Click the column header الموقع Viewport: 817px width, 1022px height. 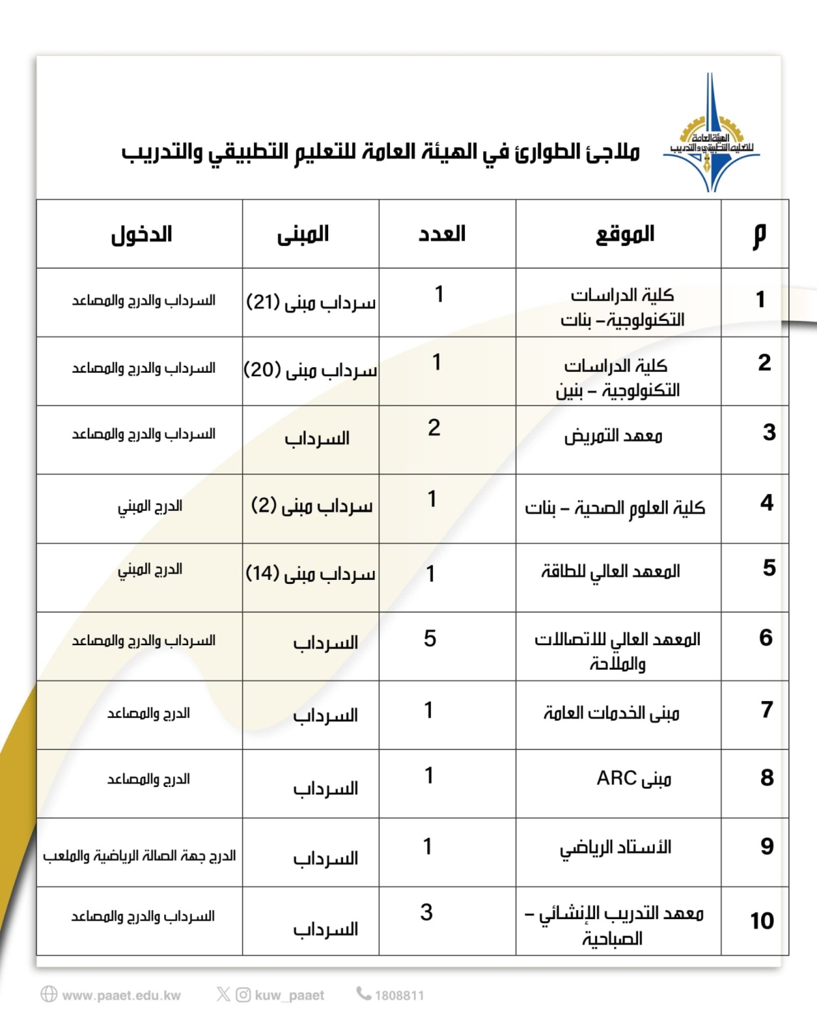625,234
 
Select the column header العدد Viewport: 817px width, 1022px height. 442,234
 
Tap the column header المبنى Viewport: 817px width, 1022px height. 303,234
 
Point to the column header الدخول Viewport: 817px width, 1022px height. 142,234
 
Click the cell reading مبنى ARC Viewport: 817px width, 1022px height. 634,778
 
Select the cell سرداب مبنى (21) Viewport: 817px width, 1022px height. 311,303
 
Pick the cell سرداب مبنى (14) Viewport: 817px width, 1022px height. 310,574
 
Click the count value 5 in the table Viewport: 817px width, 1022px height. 430,638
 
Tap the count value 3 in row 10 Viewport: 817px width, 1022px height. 427,912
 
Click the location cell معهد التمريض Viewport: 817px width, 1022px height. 613,435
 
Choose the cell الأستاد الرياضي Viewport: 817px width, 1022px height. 615,848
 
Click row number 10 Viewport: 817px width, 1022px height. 762,921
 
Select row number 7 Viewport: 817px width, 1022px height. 767,710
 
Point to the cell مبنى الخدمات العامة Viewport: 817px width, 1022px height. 611,713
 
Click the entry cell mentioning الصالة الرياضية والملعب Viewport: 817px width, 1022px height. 140,856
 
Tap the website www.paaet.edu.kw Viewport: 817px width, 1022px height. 121,995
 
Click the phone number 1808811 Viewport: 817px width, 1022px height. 399,995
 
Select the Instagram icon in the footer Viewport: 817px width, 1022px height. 243,995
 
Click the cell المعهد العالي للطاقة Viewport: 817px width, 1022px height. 611,571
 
